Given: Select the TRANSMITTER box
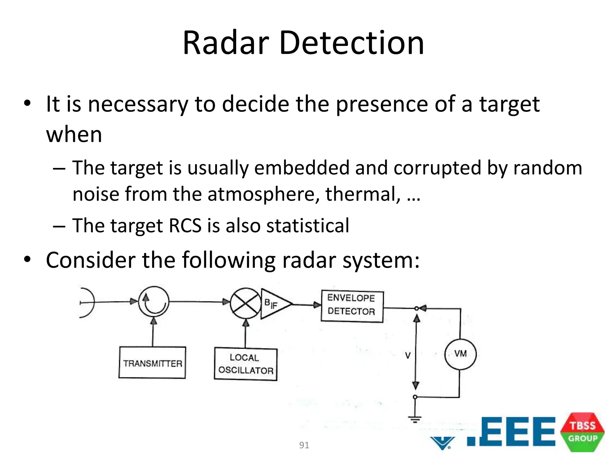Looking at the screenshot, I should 152,363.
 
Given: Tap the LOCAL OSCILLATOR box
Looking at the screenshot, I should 246,364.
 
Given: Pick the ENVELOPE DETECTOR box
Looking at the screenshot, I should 352,306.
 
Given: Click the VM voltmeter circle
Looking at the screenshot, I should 460,354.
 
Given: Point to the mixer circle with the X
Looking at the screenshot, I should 245,303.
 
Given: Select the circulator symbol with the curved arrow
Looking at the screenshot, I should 154,302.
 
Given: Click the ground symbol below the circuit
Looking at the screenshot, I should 415,419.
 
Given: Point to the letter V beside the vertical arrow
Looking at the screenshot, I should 408,355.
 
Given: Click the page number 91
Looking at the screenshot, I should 304,445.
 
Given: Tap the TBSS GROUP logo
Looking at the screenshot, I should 582,432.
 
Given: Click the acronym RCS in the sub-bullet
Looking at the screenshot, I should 185,226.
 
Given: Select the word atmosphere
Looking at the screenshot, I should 263,194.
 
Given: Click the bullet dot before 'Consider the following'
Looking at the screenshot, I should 27,259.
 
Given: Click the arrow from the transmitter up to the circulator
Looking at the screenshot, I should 153,332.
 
